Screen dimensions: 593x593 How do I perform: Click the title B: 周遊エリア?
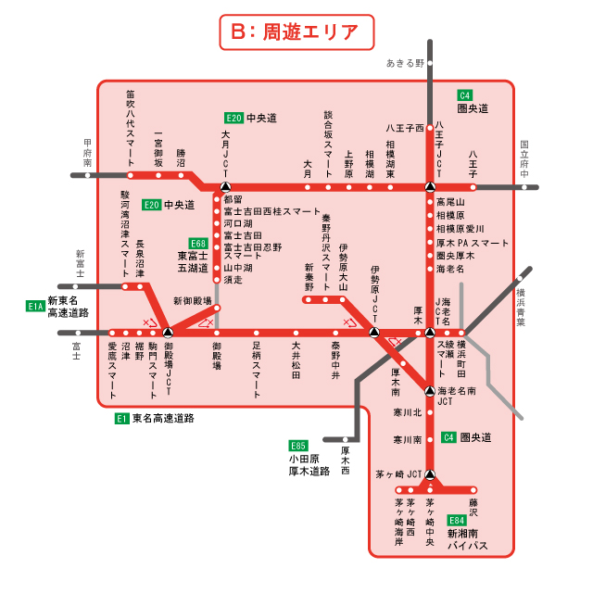[x=296, y=32]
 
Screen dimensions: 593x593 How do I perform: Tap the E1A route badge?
[x=36, y=305]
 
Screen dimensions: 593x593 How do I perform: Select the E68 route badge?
[x=196, y=243]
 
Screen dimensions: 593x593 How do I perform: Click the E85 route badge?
[x=297, y=445]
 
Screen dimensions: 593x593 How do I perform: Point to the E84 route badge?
[x=457, y=521]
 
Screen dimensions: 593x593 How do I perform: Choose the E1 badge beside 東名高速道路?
[x=121, y=419]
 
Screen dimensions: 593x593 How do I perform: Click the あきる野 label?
[x=405, y=63]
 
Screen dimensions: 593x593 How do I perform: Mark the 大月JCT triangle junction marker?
[x=225, y=186]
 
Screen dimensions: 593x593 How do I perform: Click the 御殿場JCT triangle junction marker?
[x=168, y=332]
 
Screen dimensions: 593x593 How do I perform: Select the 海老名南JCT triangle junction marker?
[x=430, y=390]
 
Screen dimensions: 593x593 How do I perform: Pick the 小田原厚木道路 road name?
[x=309, y=464]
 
